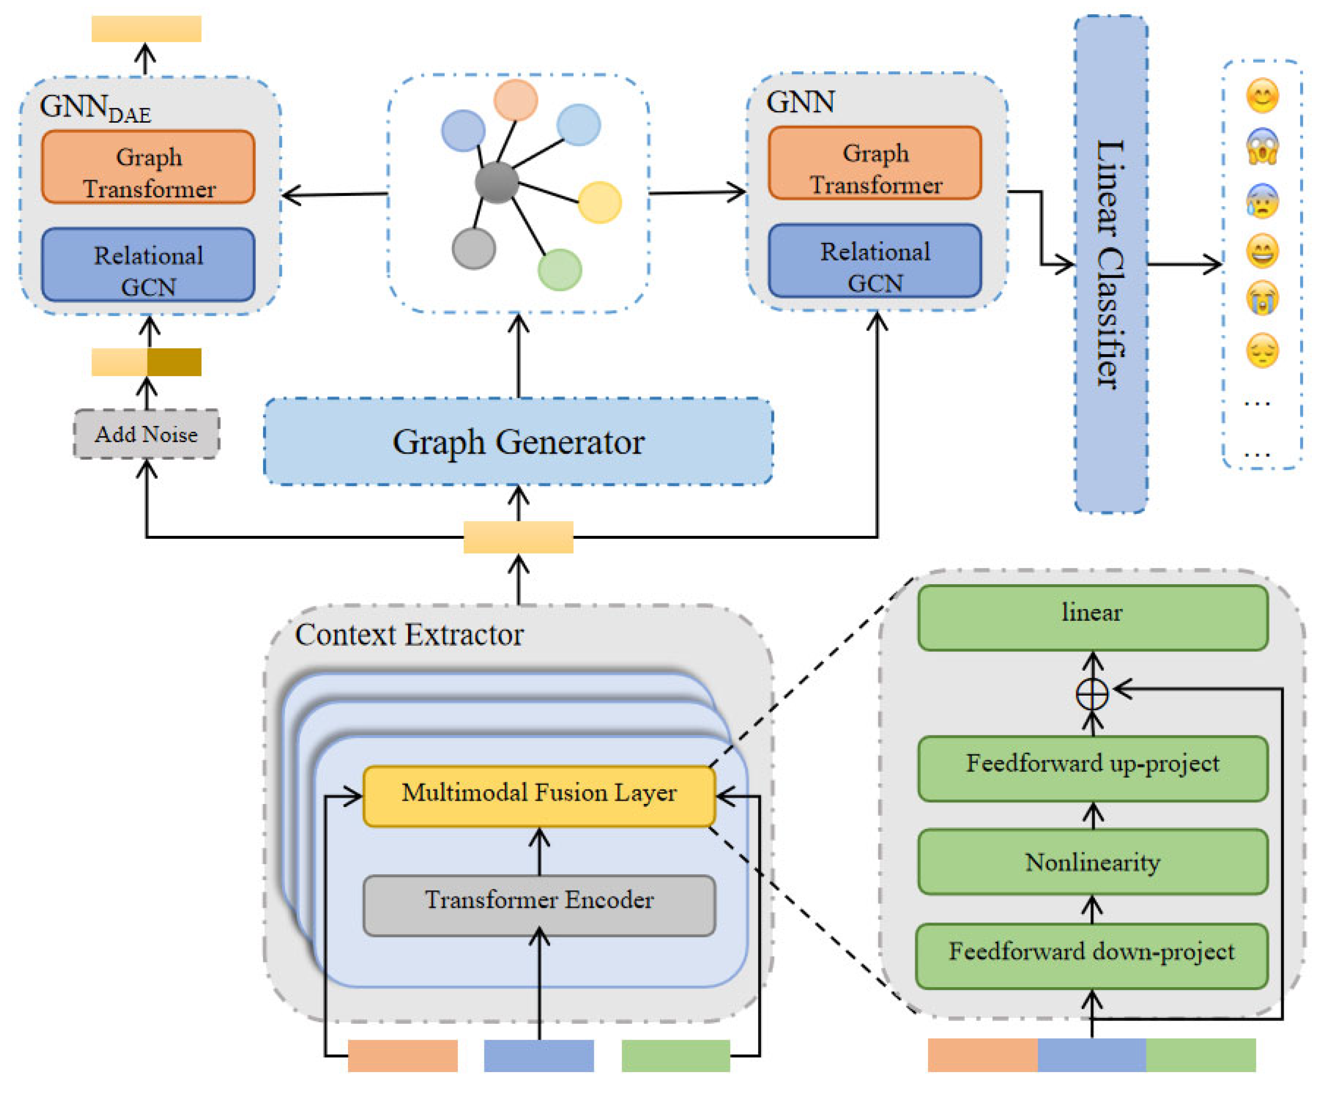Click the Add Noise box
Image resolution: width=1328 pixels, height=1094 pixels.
pos(146,434)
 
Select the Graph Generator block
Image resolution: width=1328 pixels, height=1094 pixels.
pos(518,441)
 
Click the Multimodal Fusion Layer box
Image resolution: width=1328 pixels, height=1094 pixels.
pos(539,795)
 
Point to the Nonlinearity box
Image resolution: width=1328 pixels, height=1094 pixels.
pos(1092,861)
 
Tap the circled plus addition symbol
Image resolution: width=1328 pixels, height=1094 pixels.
pos(1092,695)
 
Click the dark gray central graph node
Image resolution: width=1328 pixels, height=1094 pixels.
pos(497,182)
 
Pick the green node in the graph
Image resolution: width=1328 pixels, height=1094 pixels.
pos(559,269)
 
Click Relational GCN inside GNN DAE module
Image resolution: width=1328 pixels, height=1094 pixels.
pos(148,265)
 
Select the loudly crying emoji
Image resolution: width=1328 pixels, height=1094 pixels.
pos(1262,298)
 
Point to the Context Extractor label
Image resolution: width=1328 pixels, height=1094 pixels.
pos(409,634)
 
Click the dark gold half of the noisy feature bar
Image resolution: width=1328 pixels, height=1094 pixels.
pos(174,362)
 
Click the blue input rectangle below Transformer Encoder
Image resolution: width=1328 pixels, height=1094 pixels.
pos(539,1055)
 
